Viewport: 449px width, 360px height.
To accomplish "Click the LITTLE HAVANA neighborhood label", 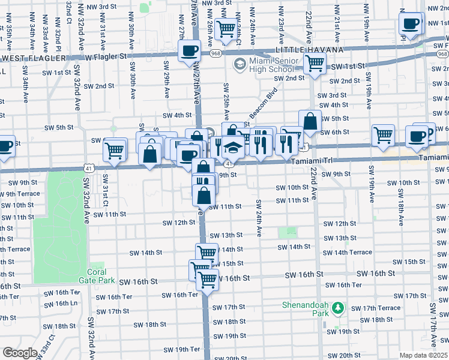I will coord(309,49).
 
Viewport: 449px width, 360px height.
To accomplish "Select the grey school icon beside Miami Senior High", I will coord(239,64).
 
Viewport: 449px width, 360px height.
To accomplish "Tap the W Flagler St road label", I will coord(107,56).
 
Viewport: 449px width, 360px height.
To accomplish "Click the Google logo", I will coord(20,352).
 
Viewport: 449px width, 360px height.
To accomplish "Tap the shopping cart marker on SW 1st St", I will coord(314,62).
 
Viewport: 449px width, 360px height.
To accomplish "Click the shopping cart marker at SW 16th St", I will coord(207,278).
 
